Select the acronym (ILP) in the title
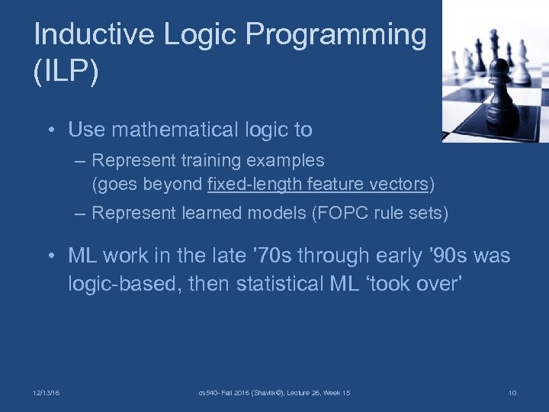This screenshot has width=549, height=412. (66, 74)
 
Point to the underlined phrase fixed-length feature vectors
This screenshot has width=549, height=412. (318, 184)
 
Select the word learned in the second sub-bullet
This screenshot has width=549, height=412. (206, 213)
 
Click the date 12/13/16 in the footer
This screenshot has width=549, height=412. (47, 393)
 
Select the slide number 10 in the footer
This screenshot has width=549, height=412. (512, 393)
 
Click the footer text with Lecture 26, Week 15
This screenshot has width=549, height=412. (274, 393)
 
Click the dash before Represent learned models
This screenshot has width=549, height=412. (81, 214)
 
